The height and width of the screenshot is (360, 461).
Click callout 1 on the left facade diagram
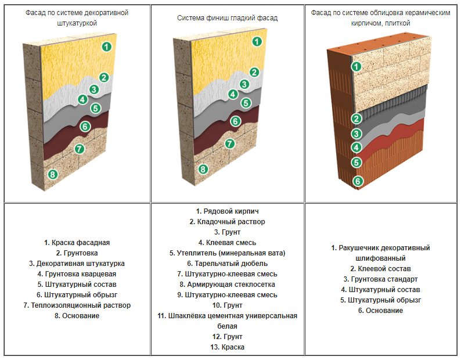[106, 46]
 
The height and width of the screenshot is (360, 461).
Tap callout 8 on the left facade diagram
[52, 174]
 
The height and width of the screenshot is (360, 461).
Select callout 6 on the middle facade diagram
[235, 121]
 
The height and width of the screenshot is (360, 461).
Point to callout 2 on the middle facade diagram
[254, 72]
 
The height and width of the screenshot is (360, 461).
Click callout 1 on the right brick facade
[357, 67]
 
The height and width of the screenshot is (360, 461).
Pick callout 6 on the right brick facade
[358, 181]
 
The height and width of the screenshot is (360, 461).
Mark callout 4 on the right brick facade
[357, 148]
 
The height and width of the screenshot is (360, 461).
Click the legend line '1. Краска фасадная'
[77, 243]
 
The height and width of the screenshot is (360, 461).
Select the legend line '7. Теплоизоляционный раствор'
[77, 305]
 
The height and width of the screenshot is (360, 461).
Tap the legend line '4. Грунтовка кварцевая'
[77, 274]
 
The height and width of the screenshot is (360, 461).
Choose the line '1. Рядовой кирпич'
[228, 211]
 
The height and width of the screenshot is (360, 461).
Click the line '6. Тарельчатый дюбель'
[228, 264]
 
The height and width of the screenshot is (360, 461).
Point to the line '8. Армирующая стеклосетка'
[228, 285]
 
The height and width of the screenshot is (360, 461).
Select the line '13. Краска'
[228, 347]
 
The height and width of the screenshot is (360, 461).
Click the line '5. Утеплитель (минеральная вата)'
[228, 253]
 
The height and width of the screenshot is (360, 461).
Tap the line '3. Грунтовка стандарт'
[380, 279]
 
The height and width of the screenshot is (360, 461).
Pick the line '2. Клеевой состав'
[380, 269]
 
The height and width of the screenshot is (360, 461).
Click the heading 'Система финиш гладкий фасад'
[228, 18]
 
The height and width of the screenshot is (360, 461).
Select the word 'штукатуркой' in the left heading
[77, 23]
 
